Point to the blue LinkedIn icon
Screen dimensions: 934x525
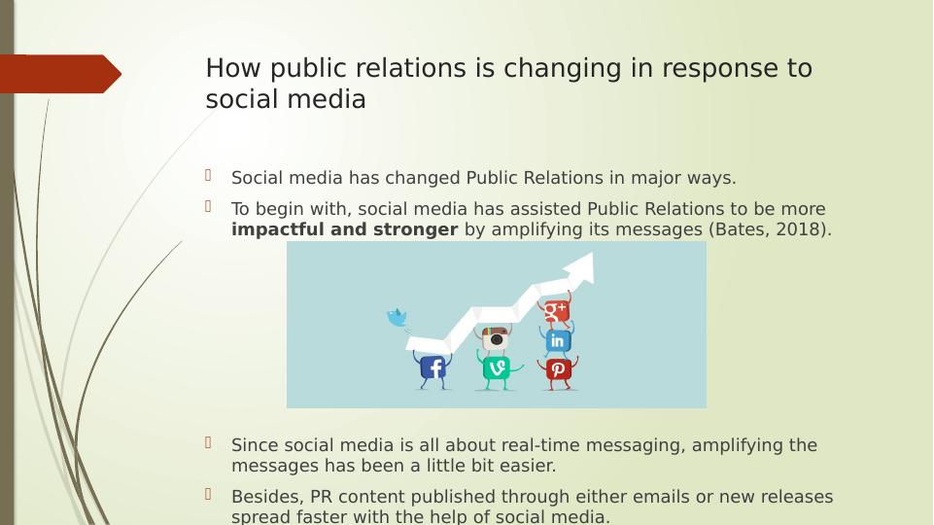pos(558,341)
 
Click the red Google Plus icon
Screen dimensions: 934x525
pos(556,310)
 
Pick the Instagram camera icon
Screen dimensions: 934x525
pos(496,338)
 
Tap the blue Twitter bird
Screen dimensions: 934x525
pos(398,318)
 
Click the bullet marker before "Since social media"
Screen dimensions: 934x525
pos(209,442)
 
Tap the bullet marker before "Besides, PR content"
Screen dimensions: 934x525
pos(209,494)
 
